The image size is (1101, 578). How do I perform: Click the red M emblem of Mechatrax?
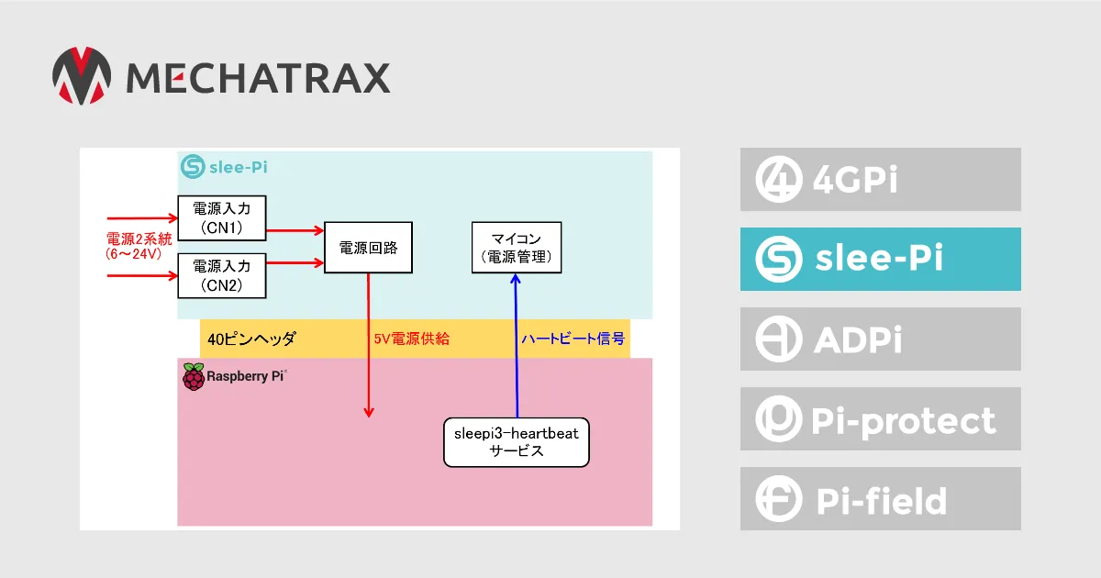click(82, 75)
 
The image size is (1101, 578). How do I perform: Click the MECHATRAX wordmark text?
click(259, 78)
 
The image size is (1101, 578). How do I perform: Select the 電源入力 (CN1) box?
click(222, 218)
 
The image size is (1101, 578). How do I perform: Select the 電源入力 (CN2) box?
click(222, 276)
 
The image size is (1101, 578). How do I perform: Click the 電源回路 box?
click(368, 247)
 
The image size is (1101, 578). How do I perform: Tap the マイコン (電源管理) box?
click(517, 247)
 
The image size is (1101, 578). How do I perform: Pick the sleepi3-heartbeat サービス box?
click(516, 442)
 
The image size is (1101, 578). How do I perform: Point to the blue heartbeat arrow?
click(516, 346)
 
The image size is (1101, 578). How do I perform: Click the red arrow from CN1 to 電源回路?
click(295, 230)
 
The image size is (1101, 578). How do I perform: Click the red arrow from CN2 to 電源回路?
click(295, 263)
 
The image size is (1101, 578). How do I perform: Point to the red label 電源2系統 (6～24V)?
click(139, 246)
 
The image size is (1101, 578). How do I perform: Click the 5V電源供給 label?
click(412, 339)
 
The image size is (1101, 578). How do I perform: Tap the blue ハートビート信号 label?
click(573, 339)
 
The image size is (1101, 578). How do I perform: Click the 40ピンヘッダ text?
click(251, 339)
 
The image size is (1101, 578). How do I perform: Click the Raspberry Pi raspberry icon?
click(194, 377)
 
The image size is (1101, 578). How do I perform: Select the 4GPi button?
click(880, 180)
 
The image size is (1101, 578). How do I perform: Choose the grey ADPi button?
click(880, 339)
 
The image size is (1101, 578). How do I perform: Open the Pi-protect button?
click(880, 418)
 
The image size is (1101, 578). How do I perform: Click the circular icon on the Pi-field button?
click(779, 499)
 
